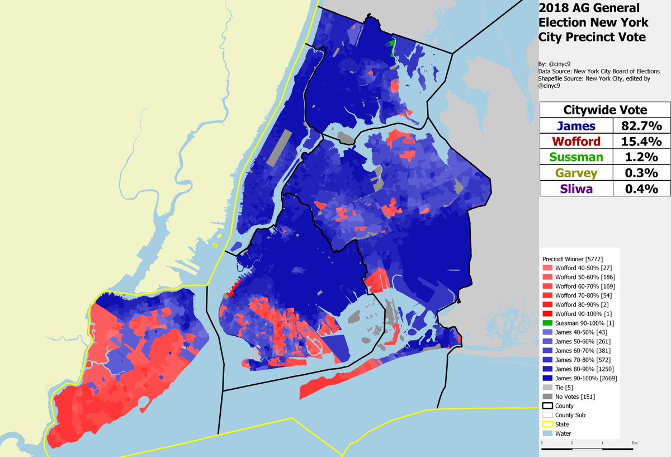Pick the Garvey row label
coord(576,173)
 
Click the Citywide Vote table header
coord(605,110)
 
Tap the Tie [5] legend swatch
coord(548,387)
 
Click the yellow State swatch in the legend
coord(548,424)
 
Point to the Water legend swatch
coord(548,434)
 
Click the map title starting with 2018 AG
coord(593,22)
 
